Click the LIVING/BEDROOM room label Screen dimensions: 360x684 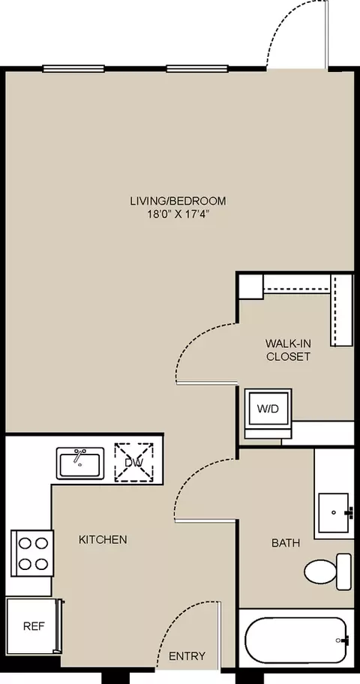[178, 201]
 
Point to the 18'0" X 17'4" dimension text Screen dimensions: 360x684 [178, 215]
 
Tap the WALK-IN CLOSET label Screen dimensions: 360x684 [289, 349]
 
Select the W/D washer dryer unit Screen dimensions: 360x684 [268, 409]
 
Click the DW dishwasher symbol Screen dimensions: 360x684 [134, 463]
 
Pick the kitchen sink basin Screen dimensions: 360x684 [79, 463]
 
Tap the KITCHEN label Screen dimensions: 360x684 [103, 539]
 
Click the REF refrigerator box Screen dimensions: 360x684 [34, 626]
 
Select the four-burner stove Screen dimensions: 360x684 [32, 553]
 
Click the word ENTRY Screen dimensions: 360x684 [187, 656]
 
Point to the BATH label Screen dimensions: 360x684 [286, 543]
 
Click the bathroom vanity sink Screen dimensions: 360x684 [334, 513]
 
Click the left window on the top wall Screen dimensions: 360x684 [73, 68]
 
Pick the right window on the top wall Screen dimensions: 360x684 [197, 68]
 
